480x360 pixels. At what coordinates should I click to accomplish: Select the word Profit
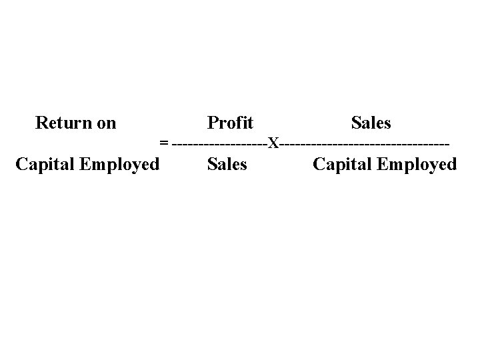(x=230, y=123)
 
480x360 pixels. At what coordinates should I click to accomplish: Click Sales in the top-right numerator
(x=371, y=123)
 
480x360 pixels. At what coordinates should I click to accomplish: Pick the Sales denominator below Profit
(x=227, y=164)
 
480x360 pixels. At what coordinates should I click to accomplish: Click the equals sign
(x=164, y=143)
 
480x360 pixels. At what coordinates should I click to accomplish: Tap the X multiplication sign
(x=273, y=143)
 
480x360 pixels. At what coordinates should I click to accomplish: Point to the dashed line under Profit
(x=219, y=143)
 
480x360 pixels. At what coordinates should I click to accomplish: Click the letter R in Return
(x=41, y=123)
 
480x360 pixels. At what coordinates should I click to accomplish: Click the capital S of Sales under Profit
(x=212, y=164)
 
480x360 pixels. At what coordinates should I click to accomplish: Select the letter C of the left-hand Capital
(x=21, y=164)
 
